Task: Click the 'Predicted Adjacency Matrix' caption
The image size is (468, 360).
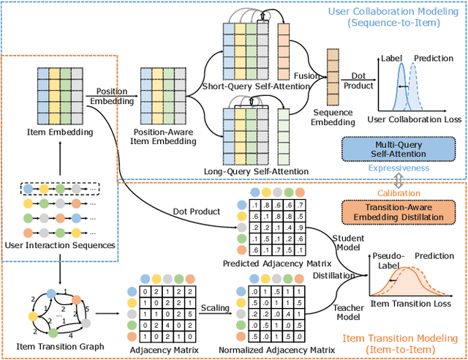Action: pyautogui.click(x=266, y=262)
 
